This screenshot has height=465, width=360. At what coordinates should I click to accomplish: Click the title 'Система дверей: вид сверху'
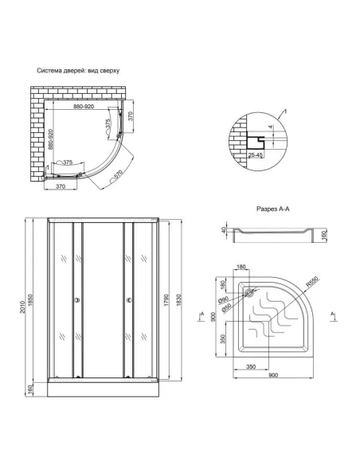78,70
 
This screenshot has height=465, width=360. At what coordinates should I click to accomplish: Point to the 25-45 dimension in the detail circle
257,154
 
